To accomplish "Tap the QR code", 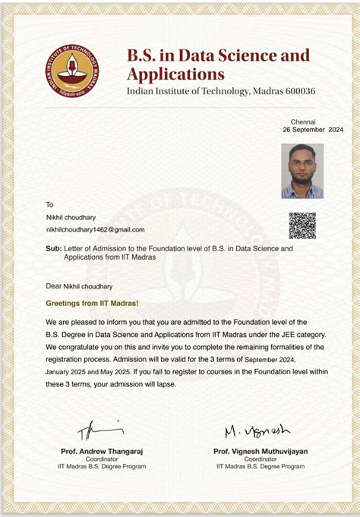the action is (x=302, y=225).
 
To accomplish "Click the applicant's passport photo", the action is (x=302, y=171).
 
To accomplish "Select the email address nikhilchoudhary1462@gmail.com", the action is (x=95, y=229).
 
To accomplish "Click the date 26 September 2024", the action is (x=313, y=130).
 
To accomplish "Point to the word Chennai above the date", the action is (x=303, y=121).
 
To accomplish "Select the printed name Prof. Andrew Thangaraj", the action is (x=102, y=451).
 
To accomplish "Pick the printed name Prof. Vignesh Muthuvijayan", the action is (x=261, y=451).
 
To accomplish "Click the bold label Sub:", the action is (x=54, y=248).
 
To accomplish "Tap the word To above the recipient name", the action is (x=50, y=204).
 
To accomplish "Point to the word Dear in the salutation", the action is (x=53, y=286).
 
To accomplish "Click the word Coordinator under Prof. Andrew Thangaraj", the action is (x=102, y=459).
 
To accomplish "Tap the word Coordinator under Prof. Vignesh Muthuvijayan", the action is (x=261, y=459).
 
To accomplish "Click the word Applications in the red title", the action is (x=175, y=74).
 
